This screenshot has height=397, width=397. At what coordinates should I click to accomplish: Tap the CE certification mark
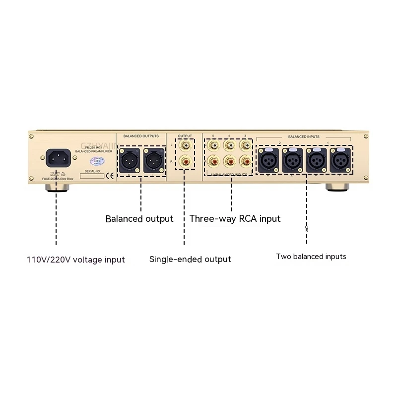pyautogui.click(x=110, y=175)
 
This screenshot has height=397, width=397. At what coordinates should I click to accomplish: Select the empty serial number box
pyautogui.click(x=92, y=176)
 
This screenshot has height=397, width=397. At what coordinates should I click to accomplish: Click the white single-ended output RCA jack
pyautogui.click(x=185, y=146)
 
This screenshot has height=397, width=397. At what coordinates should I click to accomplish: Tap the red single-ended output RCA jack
pyautogui.click(x=185, y=161)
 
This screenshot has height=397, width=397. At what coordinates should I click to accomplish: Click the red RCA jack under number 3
pyautogui.click(x=246, y=161)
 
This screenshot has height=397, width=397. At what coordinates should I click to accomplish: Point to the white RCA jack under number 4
pyautogui.click(x=230, y=146)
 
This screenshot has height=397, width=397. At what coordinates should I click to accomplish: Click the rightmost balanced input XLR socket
pyautogui.click(x=340, y=160)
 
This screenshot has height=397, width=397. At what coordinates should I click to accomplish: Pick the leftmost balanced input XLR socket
pyautogui.click(x=268, y=160)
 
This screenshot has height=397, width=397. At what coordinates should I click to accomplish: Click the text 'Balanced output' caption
pyautogui.click(x=139, y=219)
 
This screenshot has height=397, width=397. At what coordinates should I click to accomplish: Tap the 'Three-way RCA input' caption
pyautogui.click(x=235, y=219)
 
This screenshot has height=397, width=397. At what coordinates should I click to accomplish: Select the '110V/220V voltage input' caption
pyautogui.click(x=75, y=260)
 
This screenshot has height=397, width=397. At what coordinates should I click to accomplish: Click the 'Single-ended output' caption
pyautogui.click(x=190, y=259)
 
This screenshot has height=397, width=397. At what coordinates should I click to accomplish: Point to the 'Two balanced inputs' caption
pyautogui.click(x=311, y=257)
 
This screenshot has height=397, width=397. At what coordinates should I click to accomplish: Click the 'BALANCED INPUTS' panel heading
pyautogui.click(x=304, y=136)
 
